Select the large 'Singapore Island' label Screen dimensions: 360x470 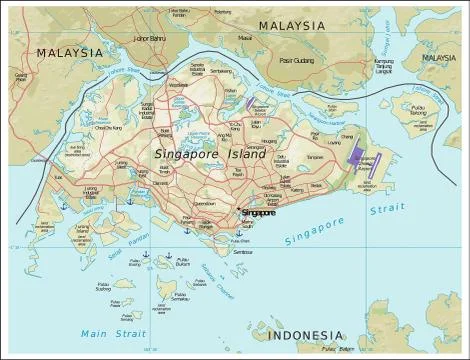click(210, 155)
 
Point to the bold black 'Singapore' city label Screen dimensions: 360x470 click(259, 213)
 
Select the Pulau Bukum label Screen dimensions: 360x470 click(182, 264)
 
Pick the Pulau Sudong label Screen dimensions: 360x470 click(103, 287)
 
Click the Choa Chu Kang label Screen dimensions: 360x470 click(107, 128)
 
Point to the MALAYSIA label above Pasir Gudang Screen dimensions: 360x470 click(292, 24)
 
